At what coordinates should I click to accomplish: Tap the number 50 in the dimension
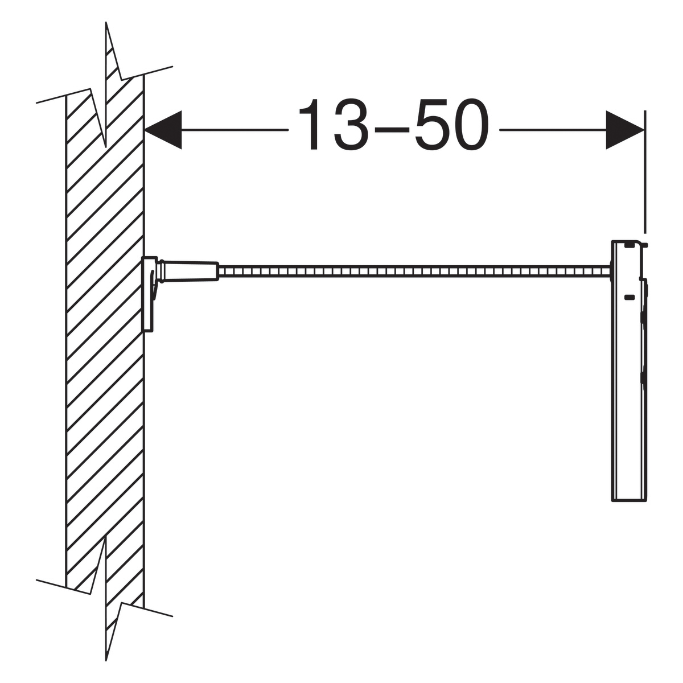(452, 125)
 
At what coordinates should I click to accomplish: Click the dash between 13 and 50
(393, 130)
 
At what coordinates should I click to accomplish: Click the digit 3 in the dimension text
(352, 125)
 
